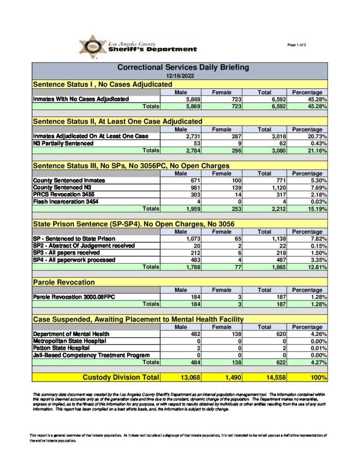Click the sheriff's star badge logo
point(93,47)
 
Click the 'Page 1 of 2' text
point(297,45)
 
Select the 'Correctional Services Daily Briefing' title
point(183,67)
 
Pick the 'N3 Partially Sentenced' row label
point(63,143)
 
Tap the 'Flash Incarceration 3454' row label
point(66,202)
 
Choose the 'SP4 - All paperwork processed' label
point(74,260)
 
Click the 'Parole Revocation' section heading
point(64,283)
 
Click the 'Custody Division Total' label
point(121,377)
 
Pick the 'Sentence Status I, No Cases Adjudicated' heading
point(102,84)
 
